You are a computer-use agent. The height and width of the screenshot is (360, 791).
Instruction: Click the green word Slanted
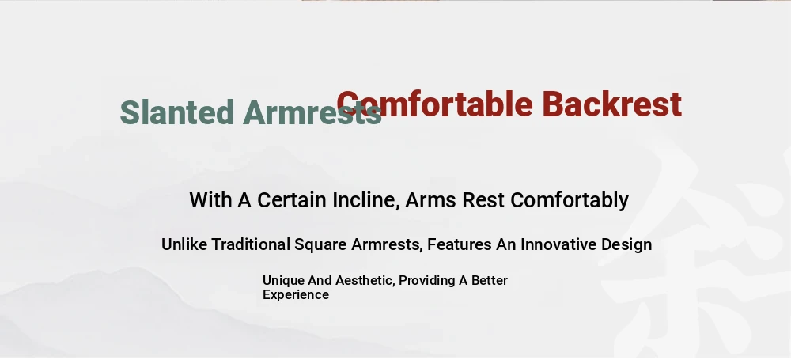click(x=177, y=112)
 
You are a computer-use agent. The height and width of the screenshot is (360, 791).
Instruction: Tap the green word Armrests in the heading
click(x=312, y=112)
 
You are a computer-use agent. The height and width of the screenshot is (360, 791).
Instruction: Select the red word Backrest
click(x=612, y=104)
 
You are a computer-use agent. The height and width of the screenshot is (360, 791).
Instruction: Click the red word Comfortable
click(x=434, y=104)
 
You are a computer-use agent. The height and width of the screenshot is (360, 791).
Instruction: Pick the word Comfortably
click(x=570, y=201)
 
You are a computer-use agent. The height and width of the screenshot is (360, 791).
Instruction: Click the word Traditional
click(x=251, y=244)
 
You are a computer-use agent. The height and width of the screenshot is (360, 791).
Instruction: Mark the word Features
click(x=460, y=245)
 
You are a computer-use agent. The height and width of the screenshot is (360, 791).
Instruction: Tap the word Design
click(x=626, y=245)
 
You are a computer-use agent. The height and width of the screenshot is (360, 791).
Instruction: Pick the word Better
click(x=490, y=280)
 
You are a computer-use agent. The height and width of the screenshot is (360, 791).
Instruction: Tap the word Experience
click(x=296, y=295)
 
